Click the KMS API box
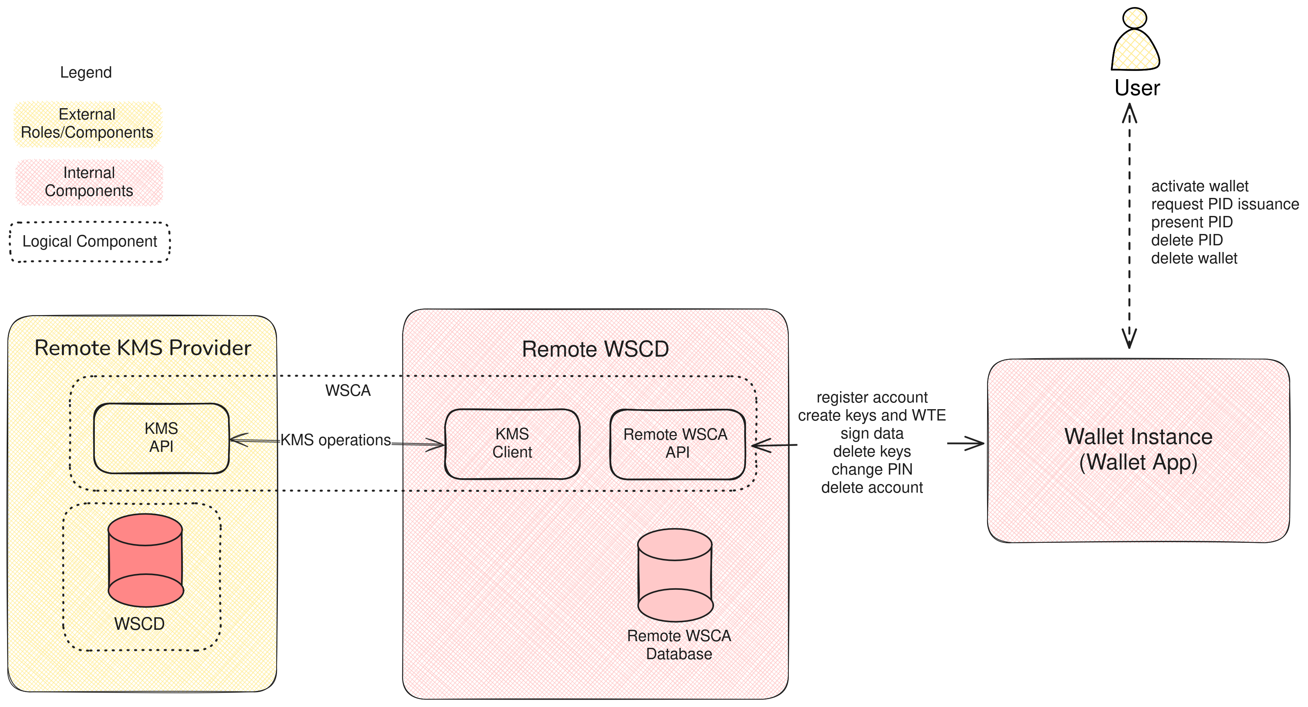coord(161,438)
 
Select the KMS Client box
coord(512,443)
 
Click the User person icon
coord(1135,41)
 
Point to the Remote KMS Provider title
coord(143,348)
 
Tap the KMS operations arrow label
coord(336,440)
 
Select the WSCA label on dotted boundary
coord(348,391)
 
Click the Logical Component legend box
coord(90,242)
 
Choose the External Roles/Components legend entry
coord(87,123)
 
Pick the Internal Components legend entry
coord(89,182)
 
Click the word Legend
coord(86,72)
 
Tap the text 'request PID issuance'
coord(1224,204)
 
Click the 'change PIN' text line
coord(871,469)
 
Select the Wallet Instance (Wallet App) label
coord(1138,450)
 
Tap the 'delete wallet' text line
coord(1194,259)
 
